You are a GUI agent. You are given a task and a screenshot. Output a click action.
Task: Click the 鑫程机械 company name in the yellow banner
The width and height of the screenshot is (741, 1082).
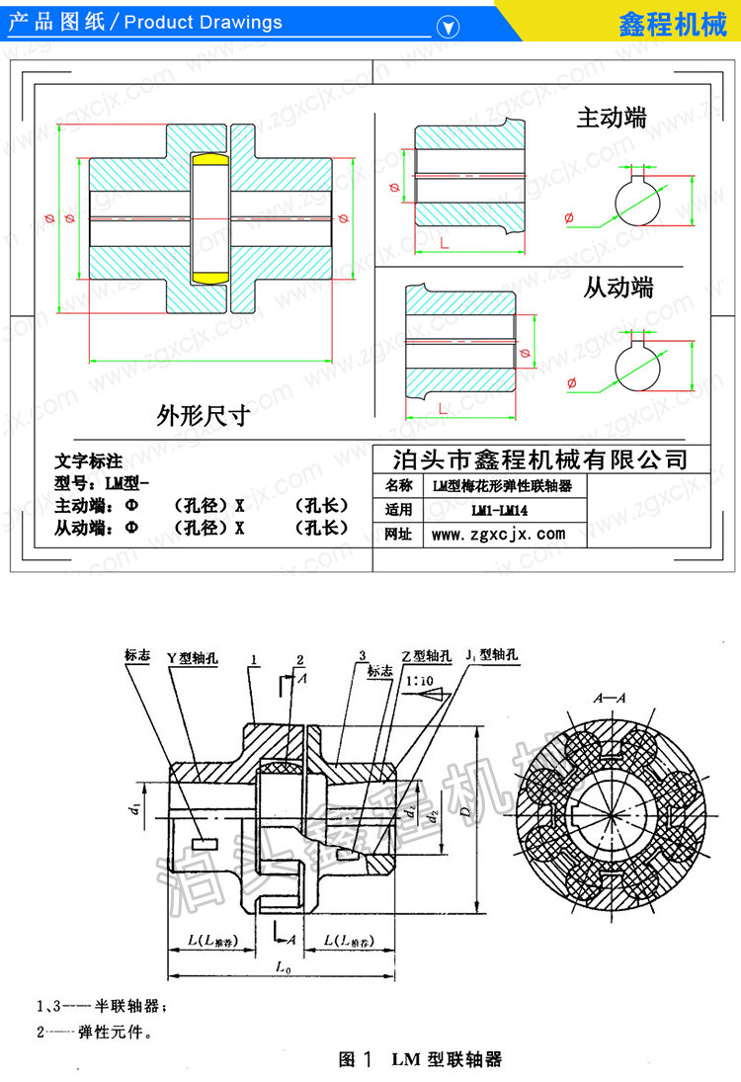(671, 22)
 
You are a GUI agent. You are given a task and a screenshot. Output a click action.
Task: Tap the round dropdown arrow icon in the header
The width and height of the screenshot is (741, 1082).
(451, 27)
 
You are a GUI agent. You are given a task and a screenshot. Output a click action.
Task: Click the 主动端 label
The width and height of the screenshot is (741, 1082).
(612, 119)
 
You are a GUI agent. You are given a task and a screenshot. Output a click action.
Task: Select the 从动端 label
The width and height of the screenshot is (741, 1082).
(617, 288)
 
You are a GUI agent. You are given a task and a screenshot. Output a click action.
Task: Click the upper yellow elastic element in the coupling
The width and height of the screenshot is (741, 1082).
(209, 160)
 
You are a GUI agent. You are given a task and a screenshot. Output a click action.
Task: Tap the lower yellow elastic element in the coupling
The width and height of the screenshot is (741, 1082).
(209, 274)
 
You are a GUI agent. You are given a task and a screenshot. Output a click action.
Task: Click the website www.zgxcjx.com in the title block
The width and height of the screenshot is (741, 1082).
(499, 535)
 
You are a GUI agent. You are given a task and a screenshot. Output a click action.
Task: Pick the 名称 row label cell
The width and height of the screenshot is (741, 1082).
(398, 486)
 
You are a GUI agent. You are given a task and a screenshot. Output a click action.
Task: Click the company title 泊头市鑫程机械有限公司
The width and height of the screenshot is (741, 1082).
(539, 458)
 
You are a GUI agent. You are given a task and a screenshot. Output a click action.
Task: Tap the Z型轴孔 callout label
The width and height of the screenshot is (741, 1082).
(431, 656)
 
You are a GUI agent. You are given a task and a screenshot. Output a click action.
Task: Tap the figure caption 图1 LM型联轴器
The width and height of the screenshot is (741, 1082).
(420, 1059)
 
